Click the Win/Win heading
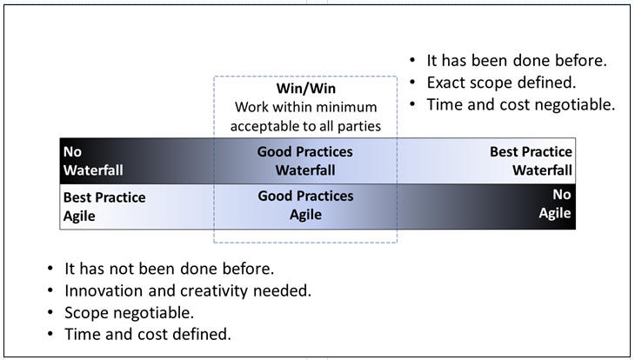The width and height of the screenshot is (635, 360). click(x=305, y=89)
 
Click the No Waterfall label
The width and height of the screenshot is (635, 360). click(x=93, y=161)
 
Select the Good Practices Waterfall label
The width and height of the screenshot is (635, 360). click(x=305, y=161)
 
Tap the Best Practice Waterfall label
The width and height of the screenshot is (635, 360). click(x=531, y=161)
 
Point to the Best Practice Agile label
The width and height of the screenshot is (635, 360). click(x=104, y=207)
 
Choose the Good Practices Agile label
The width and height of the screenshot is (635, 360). click(x=305, y=205)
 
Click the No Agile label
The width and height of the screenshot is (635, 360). click(x=555, y=203)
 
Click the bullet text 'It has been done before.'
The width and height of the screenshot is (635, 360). click(x=517, y=61)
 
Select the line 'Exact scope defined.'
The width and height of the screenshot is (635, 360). click(x=501, y=83)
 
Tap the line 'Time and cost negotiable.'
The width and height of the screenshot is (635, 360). click(x=521, y=104)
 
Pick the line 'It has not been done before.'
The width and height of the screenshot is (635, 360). click(x=170, y=269)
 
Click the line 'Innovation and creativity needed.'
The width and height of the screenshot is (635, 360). click(x=188, y=290)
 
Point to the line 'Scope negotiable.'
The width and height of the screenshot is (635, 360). click(x=130, y=313)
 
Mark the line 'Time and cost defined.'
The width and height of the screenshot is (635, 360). click(x=148, y=334)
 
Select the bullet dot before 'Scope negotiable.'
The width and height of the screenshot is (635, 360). click(x=50, y=312)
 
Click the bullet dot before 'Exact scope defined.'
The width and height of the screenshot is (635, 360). click(x=412, y=83)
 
